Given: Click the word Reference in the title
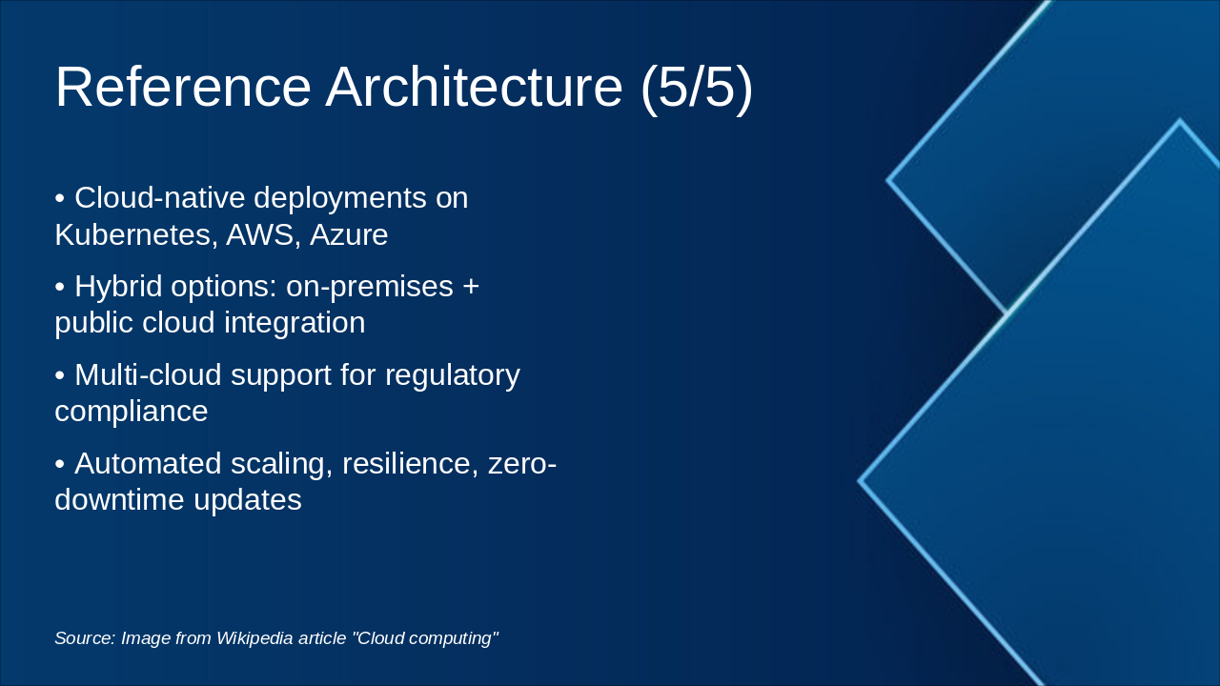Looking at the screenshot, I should [x=183, y=87].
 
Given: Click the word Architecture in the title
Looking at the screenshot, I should [x=474, y=87].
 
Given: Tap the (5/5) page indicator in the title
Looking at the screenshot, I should [x=697, y=87].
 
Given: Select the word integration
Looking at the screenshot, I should [x=295, y=323].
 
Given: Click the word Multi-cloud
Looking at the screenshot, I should [x=147, y=374].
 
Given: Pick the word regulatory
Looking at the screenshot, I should [x=453, y=374].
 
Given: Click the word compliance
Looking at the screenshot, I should [x=131, y=412].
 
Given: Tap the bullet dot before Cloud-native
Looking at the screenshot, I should [x=59, y=198].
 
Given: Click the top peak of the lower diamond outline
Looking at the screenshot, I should [x=1179, y=121].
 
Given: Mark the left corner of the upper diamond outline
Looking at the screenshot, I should [x=888, y=179].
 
